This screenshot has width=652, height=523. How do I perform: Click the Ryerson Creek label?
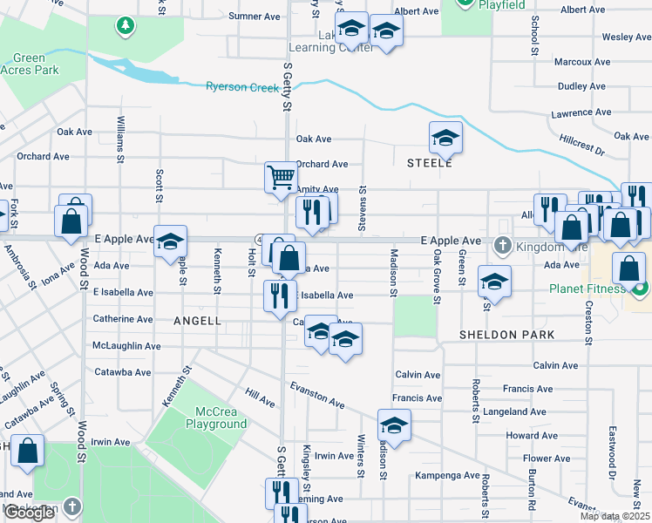click(242, 87)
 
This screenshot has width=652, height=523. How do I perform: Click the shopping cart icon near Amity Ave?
click(281, 177)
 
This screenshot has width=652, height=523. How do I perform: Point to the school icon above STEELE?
click(445, 137)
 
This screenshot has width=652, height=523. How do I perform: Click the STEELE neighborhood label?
click(429, 163)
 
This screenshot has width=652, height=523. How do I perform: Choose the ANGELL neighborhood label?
click(197, 321)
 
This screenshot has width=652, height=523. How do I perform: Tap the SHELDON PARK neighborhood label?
click(495, 335)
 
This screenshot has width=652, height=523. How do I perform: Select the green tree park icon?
click(126, 25)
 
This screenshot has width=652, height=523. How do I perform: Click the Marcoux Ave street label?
click(582, 63)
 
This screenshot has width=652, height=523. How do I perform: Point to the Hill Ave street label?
click(260, 398)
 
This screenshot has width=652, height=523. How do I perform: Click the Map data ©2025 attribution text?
click(615, 516)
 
